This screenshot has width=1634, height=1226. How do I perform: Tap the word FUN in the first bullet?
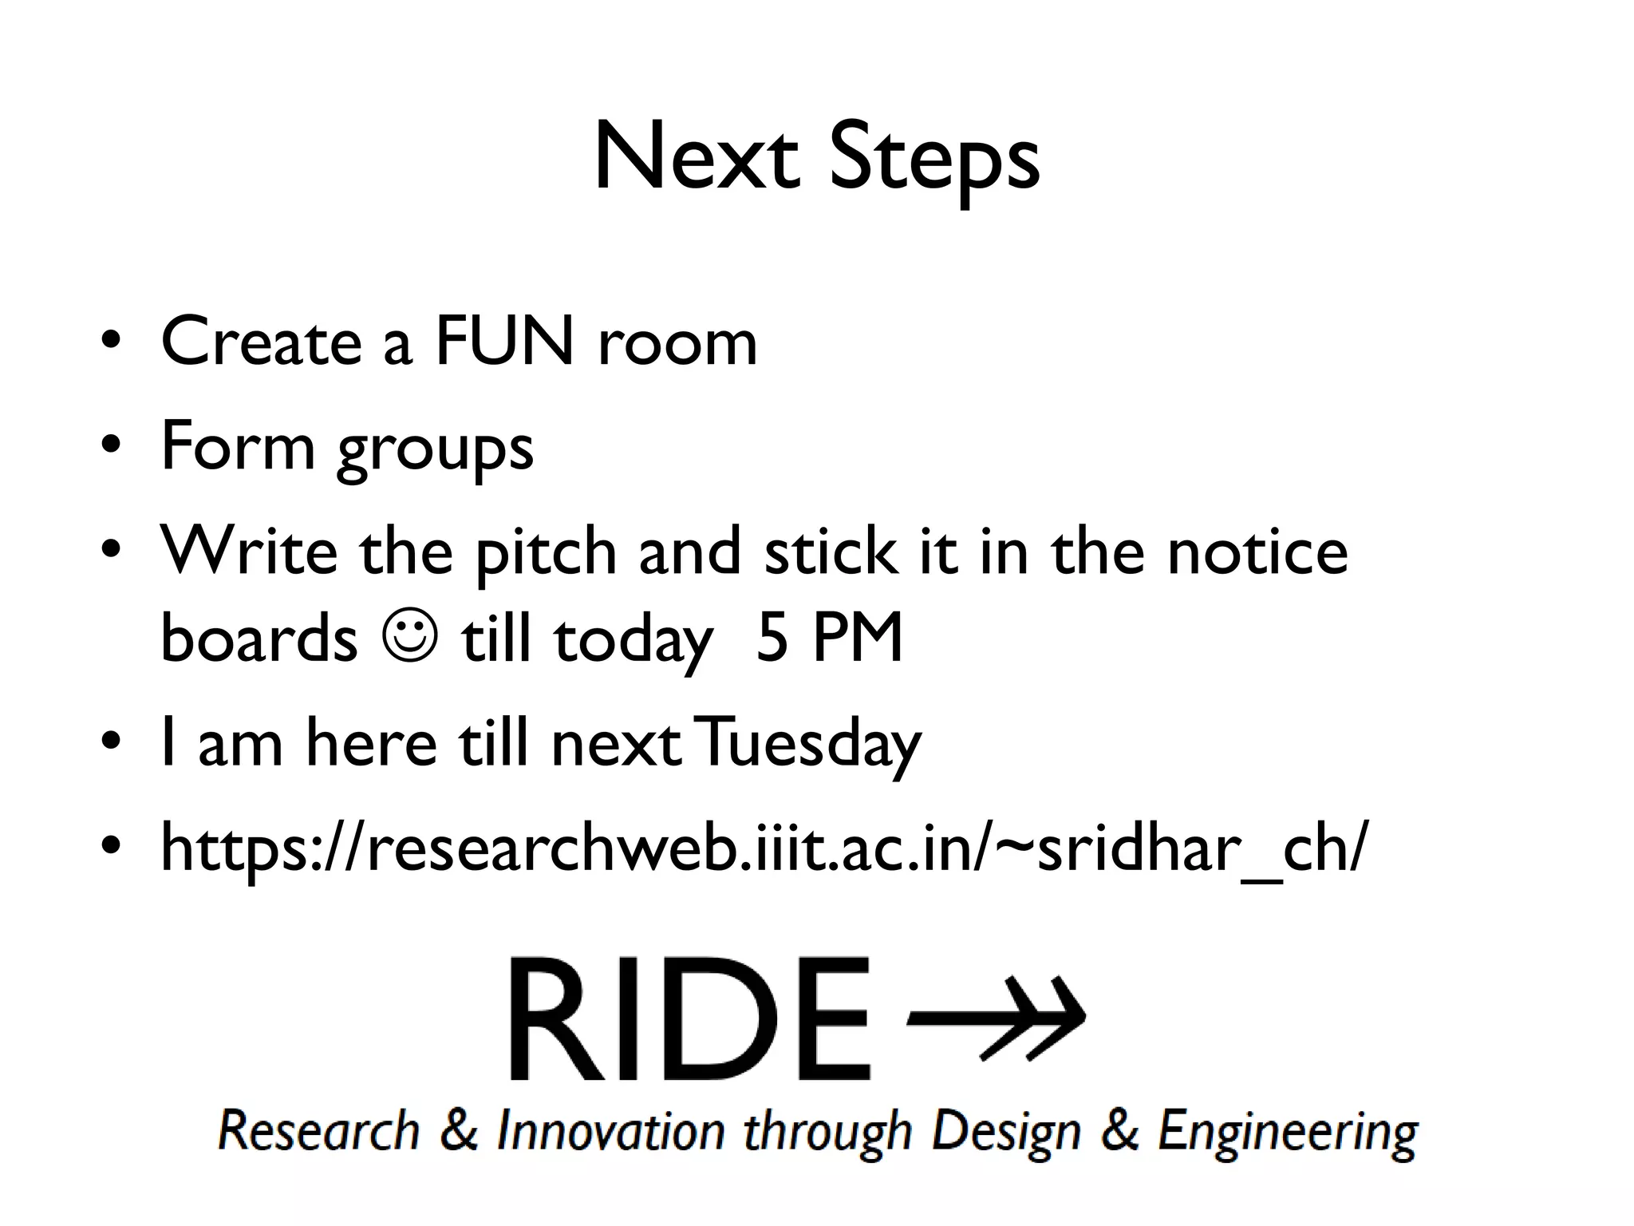(x=504, y=342)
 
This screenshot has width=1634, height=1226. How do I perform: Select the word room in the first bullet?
(x=677, y=343)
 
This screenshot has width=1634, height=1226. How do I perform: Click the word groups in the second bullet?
(x=435, y=449)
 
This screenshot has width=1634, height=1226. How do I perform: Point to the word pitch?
(x=547, y=552)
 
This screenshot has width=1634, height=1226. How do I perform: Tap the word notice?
(x=1257, y=552)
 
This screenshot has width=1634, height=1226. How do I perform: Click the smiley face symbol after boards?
(x=409, y=636)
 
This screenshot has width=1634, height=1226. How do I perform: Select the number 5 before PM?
(x=772, y=638)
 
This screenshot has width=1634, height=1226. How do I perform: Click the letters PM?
(x=858, y=638)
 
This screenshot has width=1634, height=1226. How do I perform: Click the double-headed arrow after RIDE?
(x=997, y=1019)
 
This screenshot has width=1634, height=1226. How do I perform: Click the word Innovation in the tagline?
(x=610, y=1132)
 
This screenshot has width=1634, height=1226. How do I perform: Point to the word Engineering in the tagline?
(x=1287, y=1132)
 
